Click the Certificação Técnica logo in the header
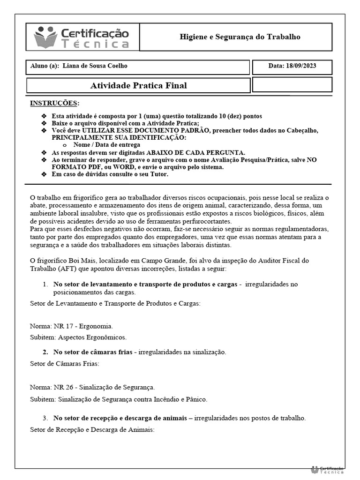pos(82,37)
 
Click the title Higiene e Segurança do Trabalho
pos(240,37)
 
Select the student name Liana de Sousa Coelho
pos(95,66)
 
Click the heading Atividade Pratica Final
pos(138,86)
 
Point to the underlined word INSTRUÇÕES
pos(54,103)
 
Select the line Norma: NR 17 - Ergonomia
pos(71,326)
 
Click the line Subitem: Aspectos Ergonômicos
pos(78,337)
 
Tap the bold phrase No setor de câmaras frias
pos(92,352)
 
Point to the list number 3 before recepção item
pos(45,418)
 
